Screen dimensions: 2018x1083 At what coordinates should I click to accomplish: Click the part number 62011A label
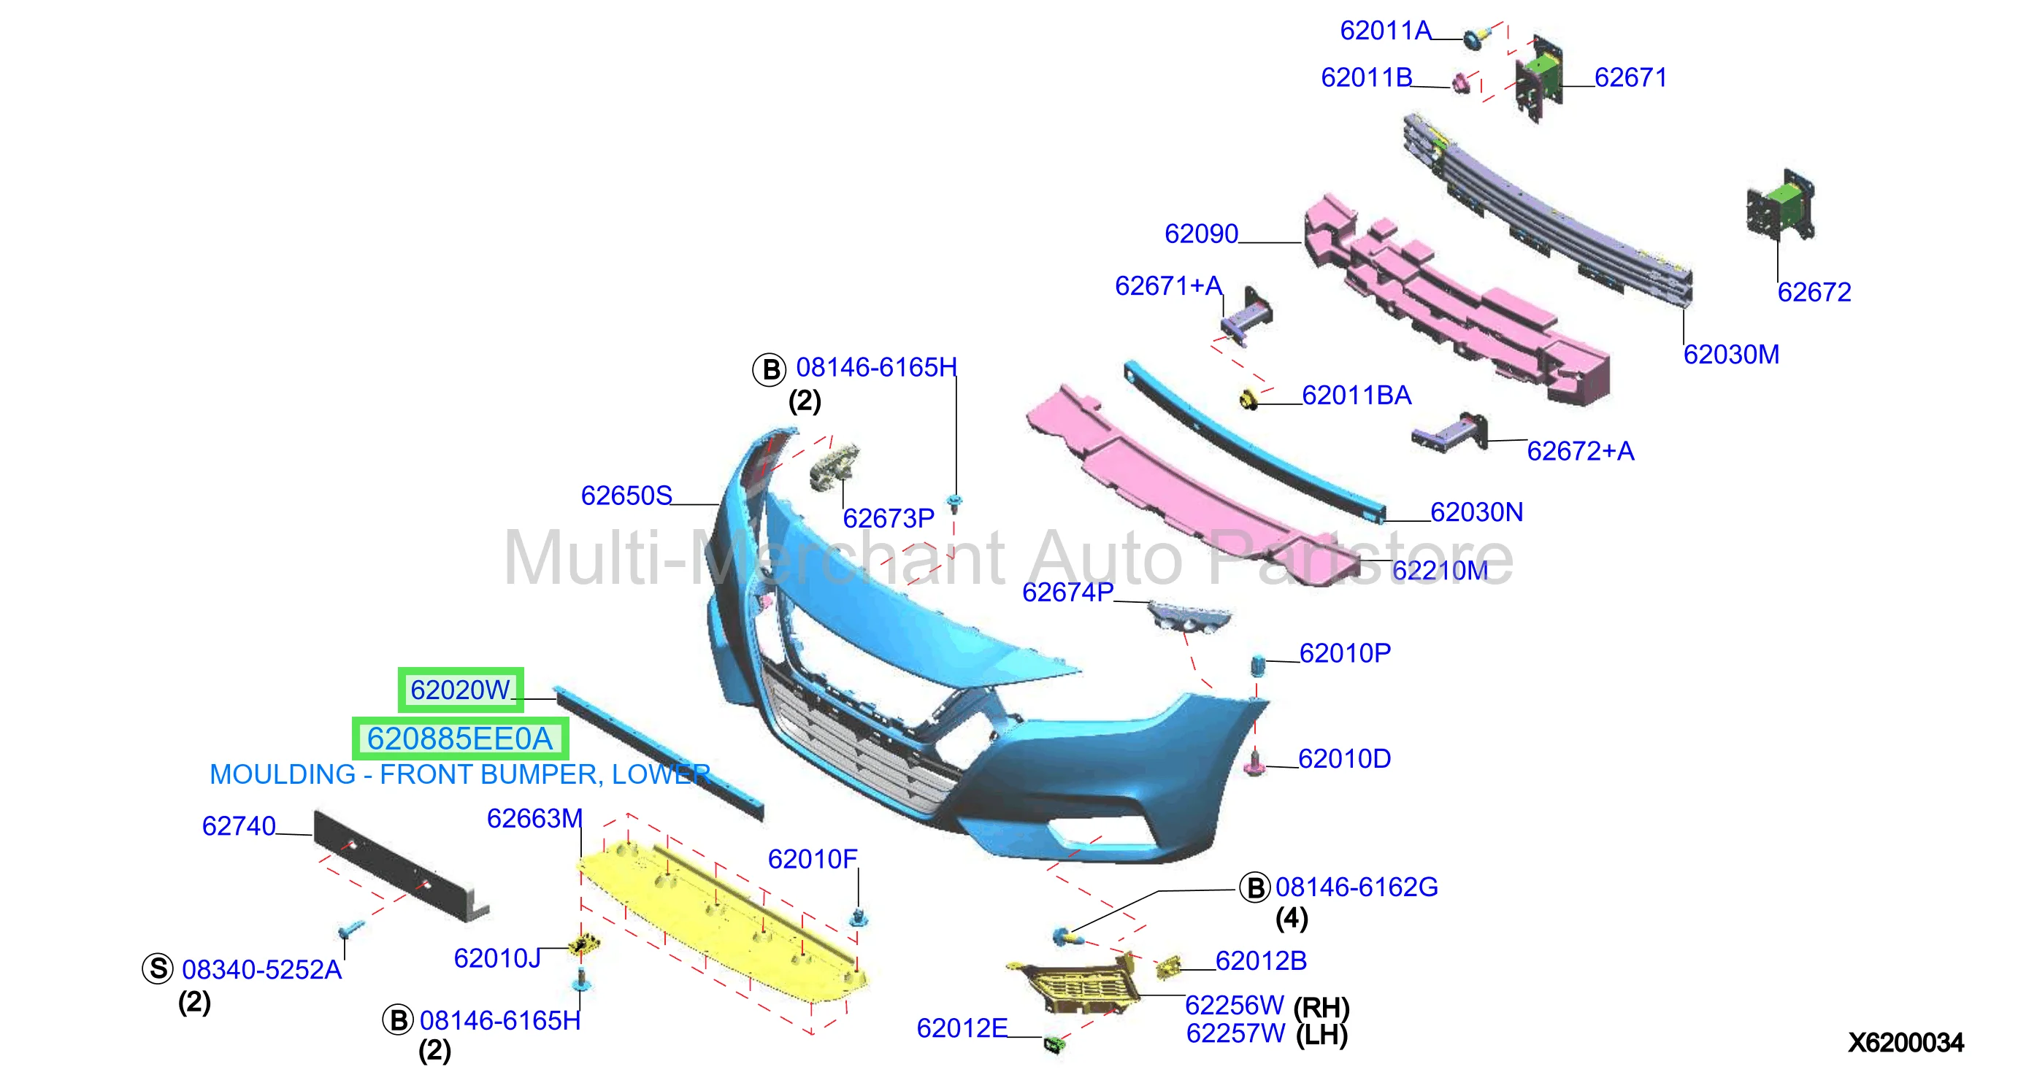pos(1385,31)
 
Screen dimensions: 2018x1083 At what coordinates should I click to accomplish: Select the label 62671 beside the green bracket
pos(1630,77)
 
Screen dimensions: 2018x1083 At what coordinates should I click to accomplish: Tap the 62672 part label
pos(1814,292)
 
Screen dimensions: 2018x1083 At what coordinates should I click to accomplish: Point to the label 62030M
pos(1730,355)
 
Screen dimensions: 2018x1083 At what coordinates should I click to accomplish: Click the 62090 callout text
pos(1201,234)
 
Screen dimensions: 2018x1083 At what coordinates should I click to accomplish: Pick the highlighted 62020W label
pos(460,690)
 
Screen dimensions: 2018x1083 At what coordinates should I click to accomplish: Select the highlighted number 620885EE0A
pos(460,739)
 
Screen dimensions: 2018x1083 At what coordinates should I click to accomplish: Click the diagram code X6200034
pos(1905,1042)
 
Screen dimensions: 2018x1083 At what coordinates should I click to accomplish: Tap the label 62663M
pos(534,818)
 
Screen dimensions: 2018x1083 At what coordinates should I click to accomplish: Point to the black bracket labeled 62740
pos(399,866)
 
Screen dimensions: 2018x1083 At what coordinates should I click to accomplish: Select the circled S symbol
pos(158,968)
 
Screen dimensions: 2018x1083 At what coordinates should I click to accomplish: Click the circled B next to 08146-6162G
pos(1255,888)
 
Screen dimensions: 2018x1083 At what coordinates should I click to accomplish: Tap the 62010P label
pos(1344,653)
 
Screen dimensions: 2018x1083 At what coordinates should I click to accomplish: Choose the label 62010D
pos(1344,759)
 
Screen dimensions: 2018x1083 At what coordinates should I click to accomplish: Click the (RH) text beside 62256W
pos(1321,1007)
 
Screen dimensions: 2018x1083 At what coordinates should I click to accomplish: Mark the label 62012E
pos(962,1028)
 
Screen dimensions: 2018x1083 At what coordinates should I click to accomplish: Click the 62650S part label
pos(626,496)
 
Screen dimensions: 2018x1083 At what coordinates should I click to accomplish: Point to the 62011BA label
pos(1356,396)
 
